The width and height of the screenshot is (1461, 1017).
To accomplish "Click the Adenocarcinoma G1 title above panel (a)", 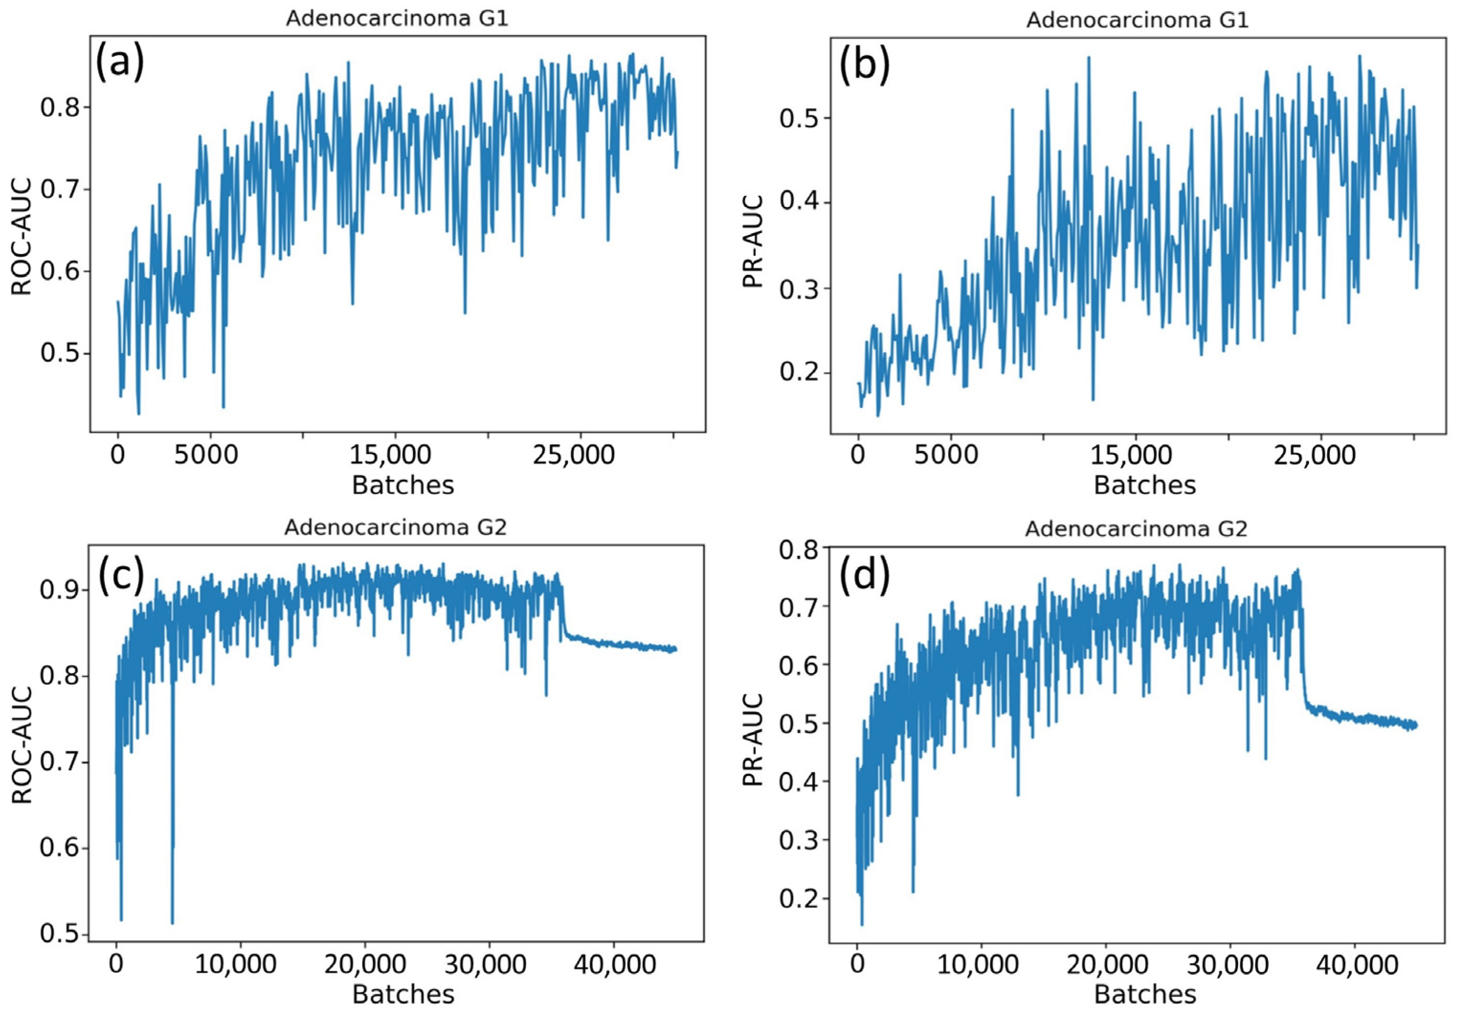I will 396,19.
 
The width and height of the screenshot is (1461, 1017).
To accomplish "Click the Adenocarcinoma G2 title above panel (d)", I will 1136,529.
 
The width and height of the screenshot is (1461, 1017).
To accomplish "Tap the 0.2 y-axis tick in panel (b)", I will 801,373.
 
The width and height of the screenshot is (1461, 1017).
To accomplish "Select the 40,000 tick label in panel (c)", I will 614,965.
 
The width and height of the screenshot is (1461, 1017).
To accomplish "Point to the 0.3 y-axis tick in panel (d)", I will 800,840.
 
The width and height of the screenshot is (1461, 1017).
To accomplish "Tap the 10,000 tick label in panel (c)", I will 235,965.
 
